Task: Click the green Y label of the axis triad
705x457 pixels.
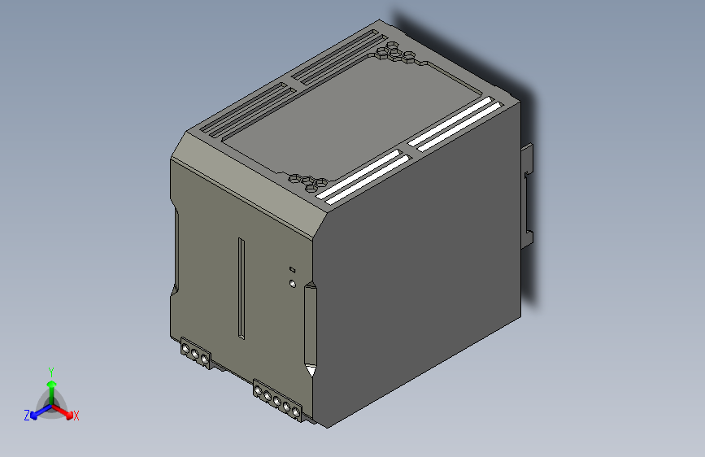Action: (51, 372)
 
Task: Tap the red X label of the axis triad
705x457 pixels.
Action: (76, 416)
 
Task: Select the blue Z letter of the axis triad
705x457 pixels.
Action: (27, 416)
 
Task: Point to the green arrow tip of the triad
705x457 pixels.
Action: (52, 384)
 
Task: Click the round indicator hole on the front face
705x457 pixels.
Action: (293, 283)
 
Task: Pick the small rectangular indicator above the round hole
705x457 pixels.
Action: (292, 269)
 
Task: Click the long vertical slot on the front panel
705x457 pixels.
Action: (242, 289)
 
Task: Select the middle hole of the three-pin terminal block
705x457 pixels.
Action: (195, 354)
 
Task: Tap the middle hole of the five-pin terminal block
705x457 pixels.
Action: (276, 401)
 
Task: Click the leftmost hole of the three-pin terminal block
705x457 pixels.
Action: (185, 349)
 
